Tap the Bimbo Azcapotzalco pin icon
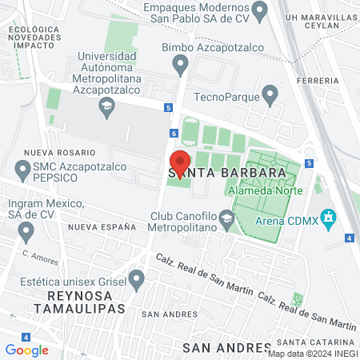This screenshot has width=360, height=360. click(x=181, y=63)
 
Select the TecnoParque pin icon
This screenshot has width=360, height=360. click(x=270, y=97)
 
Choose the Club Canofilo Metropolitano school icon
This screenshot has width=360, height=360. click(x=227, y=218)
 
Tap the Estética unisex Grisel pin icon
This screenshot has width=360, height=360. click(x=137, y=280)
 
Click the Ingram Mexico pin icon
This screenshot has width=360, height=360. click(x=26, y=233)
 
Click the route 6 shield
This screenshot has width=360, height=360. click(x=174, y=134)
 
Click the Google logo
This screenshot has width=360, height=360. click(x=26, y=350)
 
